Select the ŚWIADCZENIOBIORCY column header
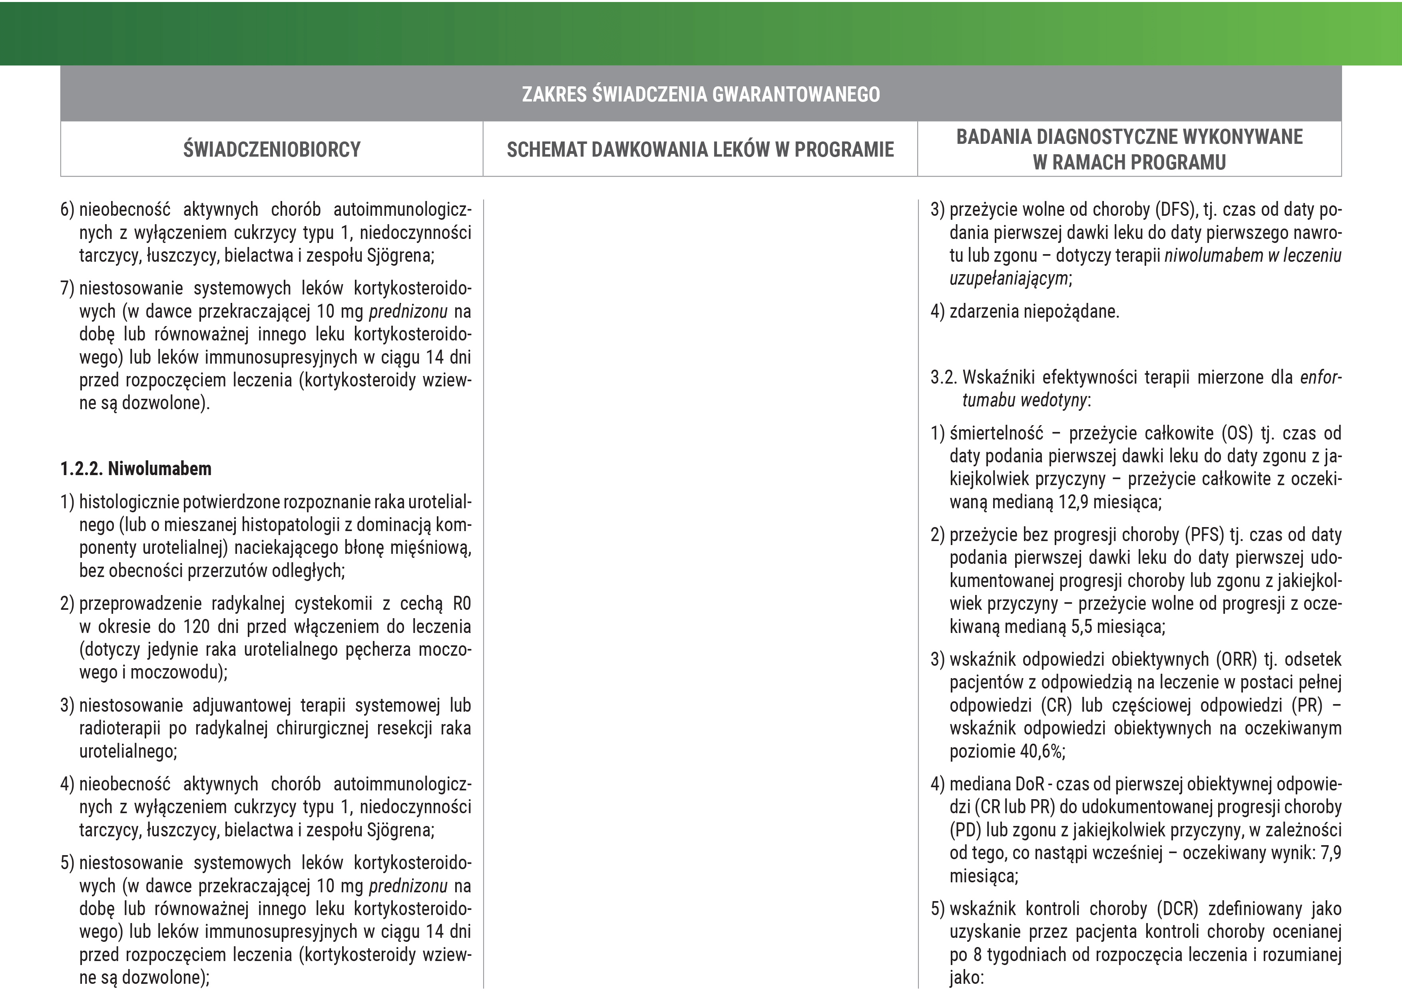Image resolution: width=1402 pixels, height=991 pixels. pyautogui.click(x=272, y=149)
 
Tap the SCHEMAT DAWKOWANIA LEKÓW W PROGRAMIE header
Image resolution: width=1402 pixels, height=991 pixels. pyautogui.click(x=700, y=149)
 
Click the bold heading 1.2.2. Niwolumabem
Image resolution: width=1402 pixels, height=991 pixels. pyautogui.click(x=135, y=469)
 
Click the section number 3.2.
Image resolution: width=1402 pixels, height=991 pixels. pyautogui.click(x=944, y=377)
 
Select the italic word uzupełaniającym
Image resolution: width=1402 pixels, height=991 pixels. pyautogui.click(x=1009, y=279)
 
